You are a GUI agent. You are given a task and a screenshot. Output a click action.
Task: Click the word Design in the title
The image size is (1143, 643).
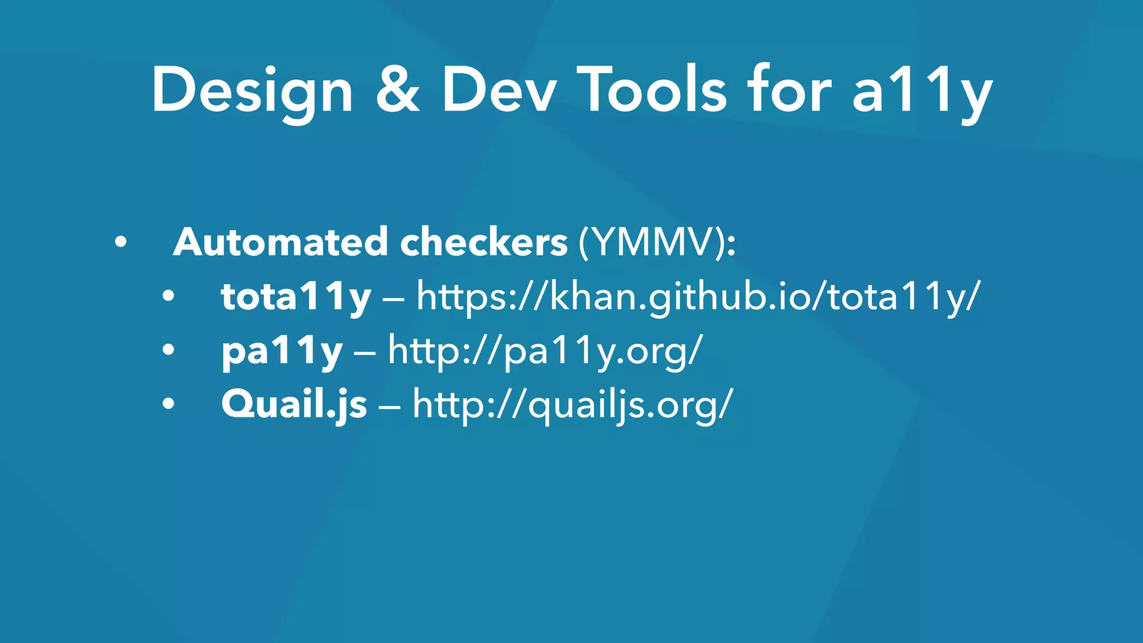pyautogui.click(x=252, y=91)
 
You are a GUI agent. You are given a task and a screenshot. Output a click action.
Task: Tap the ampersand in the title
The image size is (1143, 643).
pyautogui.click(x=397, y=90)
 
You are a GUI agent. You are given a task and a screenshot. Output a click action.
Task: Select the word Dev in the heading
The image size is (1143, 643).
pyautogui.click(x=499, y=90)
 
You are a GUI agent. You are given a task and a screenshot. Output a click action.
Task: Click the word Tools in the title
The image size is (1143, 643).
pyautogui.click(x=652, y=90)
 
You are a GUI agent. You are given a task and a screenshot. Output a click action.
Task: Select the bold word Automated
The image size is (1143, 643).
pyautogui.click(x=281, y=242)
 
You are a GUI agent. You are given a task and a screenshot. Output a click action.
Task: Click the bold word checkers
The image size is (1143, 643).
pyautogui.click(x=484, y=242)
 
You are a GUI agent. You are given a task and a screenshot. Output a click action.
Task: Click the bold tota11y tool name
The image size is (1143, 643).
pyautogui.click(x=296, y=297)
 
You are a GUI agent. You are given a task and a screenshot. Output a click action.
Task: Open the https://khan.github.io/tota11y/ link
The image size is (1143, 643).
pyautogui.click(x=698, y=297)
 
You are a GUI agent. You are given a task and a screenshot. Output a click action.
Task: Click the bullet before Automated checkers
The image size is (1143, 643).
pyautogui.click(x=120, y=243)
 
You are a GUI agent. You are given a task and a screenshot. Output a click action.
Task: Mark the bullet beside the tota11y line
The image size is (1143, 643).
pyautogui.click(x=169, y=297)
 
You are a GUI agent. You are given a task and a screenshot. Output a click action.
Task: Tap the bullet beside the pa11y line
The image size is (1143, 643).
pyautogui.click(x=169, y=351)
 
